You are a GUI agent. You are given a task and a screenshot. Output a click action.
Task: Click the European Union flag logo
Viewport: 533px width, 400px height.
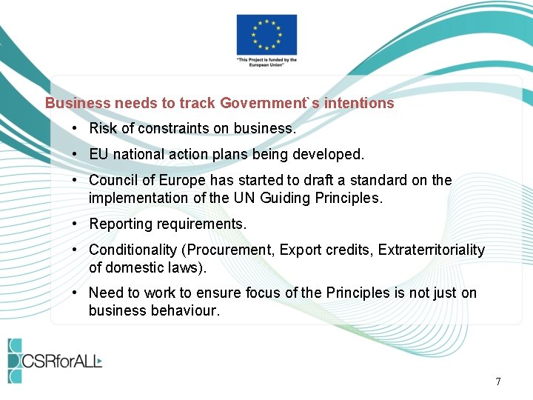266,34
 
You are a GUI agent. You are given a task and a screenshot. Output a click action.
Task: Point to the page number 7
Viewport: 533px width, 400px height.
498,381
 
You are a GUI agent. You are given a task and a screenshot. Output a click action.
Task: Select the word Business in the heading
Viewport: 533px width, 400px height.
78,104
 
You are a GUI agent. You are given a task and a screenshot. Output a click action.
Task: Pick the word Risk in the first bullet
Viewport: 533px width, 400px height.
103,129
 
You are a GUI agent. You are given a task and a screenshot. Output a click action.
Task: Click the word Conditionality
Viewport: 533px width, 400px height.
137,250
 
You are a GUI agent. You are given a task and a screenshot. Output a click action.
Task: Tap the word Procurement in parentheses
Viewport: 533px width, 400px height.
232,250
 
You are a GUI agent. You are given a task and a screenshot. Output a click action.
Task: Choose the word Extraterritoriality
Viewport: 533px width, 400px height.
431,250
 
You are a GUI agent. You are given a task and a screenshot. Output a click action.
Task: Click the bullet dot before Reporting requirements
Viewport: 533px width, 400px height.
76,224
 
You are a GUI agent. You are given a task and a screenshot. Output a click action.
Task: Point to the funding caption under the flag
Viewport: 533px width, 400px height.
266,63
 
